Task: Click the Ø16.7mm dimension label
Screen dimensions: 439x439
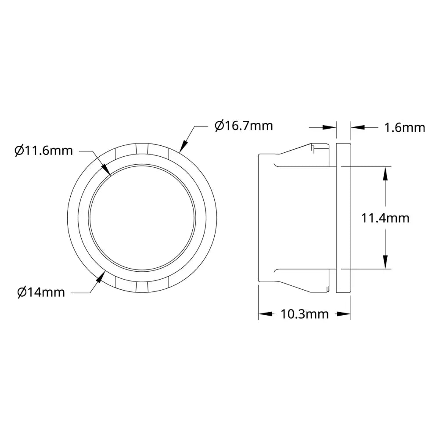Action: click(x=244, y=126)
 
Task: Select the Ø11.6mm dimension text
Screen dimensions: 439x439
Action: click(x=43, y=151)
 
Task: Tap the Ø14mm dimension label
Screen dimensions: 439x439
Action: click(x=41, y=292)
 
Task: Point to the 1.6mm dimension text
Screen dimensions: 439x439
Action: click(x=405, y=128)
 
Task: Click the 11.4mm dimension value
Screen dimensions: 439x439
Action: click(x=385, y=218)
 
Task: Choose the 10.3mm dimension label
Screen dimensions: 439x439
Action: click(x=305, y=314)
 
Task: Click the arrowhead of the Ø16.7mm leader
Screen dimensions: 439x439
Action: click(x=183, y=146)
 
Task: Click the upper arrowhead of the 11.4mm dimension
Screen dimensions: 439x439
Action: click(x=385, y=173)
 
